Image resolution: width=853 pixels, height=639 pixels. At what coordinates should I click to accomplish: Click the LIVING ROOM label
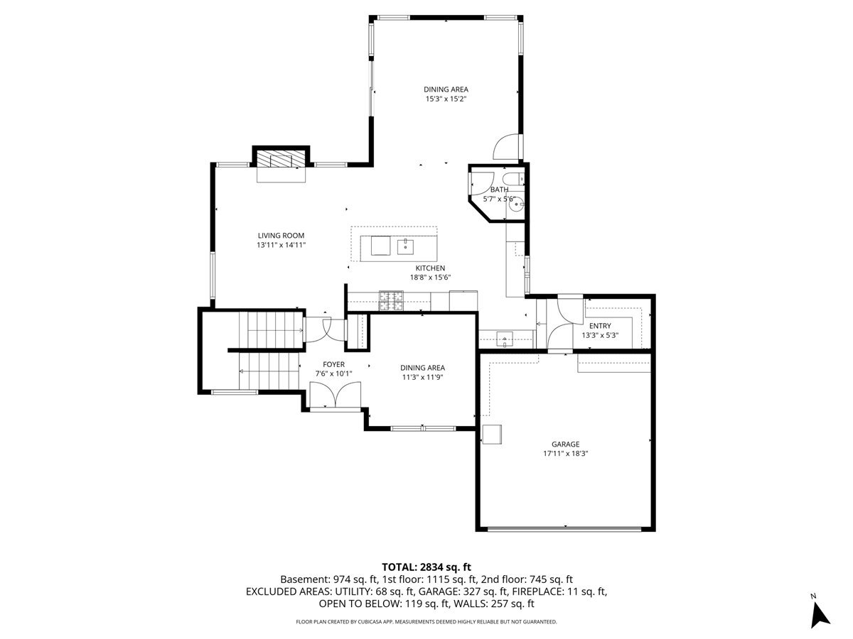(x=281, y=236)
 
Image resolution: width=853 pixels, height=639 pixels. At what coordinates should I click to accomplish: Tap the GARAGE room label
(x=565, y=444)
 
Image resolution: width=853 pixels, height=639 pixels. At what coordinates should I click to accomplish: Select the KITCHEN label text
(x=430, y=268)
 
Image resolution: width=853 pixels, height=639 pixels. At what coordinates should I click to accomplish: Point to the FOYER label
(x=333, y=364)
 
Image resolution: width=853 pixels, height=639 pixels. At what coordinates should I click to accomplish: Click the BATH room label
(x=500, y=190)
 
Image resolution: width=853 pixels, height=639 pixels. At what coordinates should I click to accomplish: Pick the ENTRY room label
(x=600, y=326)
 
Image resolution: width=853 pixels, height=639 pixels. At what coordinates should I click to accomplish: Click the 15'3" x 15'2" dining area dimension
(x=446, y=99)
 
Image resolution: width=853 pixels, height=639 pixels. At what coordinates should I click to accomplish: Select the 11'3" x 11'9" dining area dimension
(x=422, y=377)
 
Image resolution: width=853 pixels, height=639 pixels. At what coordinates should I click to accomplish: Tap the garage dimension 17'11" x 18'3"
(x=565, y=454)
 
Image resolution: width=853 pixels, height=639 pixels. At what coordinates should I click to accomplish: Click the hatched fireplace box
(x=281, y=158)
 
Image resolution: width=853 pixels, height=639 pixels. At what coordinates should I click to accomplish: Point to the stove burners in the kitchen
(x=392, y=300)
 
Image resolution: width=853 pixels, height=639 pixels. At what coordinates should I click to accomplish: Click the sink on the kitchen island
(x=405, y=247)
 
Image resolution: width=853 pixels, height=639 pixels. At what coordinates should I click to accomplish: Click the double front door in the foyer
(x=336, y=395)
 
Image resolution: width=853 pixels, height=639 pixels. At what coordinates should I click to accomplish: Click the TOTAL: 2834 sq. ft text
(x=426, y=567)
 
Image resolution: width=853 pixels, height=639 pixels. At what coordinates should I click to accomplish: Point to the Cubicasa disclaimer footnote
(x=426, y=621)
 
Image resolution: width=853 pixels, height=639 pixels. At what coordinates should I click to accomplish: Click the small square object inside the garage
(x=492, y=434)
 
